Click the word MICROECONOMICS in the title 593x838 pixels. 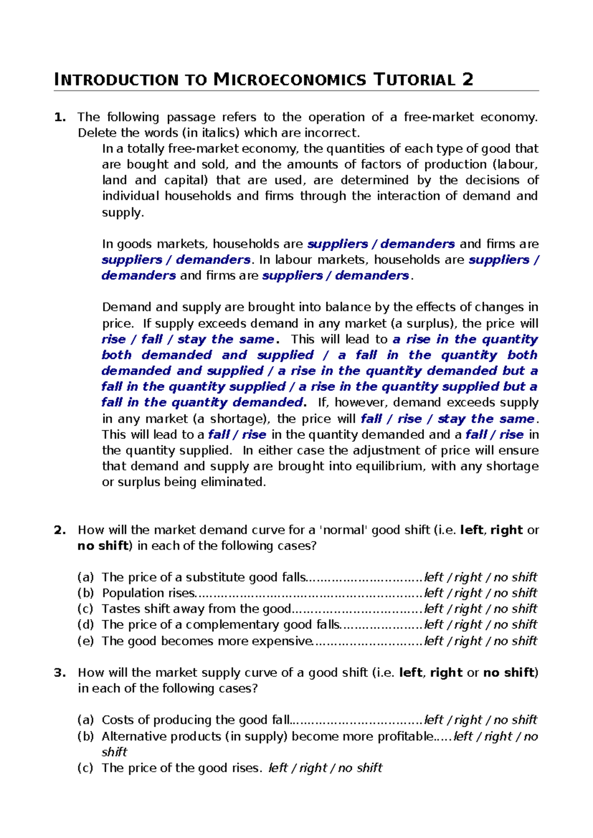(x=290, y=80)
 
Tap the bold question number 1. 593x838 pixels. (x=59, y=117)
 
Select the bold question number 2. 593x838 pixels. (x=59, y=530)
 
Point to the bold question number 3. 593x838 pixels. (x=59, y=672)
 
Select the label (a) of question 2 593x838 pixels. (x=85, y=578)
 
